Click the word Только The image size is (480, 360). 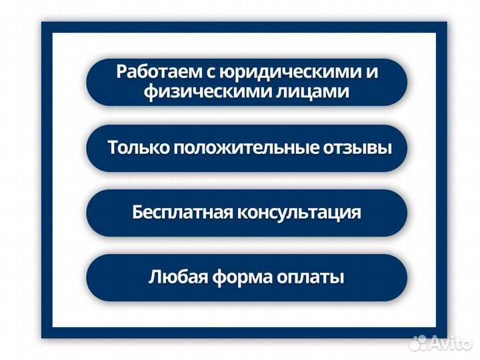(x=138, y=147)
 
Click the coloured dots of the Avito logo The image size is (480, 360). (x=419, y=343)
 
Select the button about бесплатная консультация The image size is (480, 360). (x=247, y=213)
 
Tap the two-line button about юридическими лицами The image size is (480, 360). (x=247, y=82)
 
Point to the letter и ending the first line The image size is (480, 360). (x=371, y=73)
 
